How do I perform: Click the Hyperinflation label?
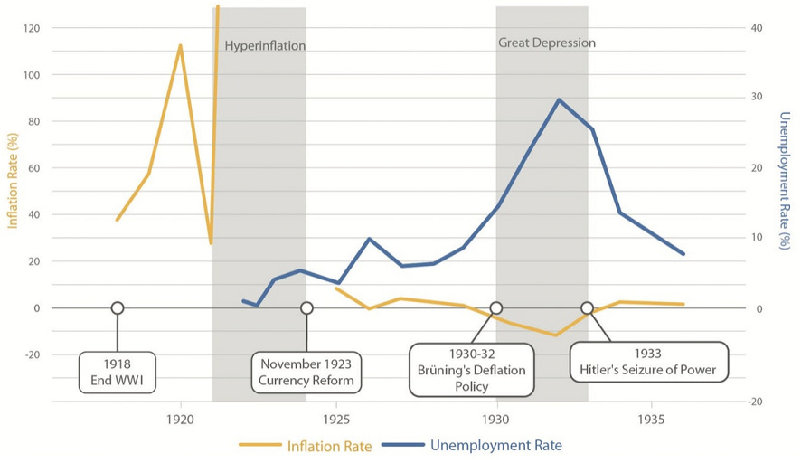point(265,46)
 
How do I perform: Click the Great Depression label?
point(547,43)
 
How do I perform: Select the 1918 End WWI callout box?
point(117,373)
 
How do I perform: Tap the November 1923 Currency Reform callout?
point(306,373)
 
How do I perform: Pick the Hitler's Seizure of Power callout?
point(648,362)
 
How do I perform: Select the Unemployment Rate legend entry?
point(470,445)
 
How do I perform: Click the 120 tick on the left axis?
point(32,29)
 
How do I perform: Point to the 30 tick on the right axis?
point(756,98)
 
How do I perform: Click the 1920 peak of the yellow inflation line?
point(180,45)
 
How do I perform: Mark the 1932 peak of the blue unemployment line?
point(559,100)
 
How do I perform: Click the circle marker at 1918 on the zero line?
point(117,308)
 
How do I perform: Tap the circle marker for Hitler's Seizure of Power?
point(587,308)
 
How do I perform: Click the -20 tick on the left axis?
point(32,354)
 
